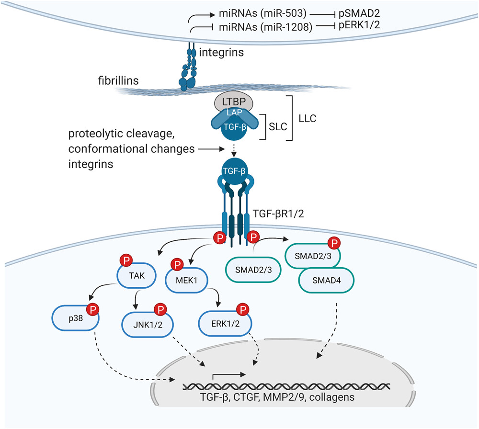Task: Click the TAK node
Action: pyautogui.click(x=137, y=275)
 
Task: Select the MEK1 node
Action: pyautogui.click(x=186, y=280)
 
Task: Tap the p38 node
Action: pyautogui.click(x=76, y=318)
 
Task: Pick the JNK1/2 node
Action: pyautogui.click(x=148, y=324)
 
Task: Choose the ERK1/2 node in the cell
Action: pyautogui.click(x=225, y=323)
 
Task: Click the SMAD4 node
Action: pyautogui.click(x=326, y=280)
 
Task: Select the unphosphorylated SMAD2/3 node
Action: pyautogui.click(x=253, y=270)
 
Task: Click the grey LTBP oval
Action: pyautogui.click(x=234, y=101)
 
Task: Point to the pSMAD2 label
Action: pyautogui.click(x=359, y=13)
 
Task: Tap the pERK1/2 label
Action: pyautogui.click(x=359, y=25)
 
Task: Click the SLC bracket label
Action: pyautogui.click(x=278, y=126)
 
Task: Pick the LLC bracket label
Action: pyautogui.click(x=308, y=118)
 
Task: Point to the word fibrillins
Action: pyautogui.click(x=118, y=80)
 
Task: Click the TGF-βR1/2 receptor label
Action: pyautogui.click(x=278, y=214)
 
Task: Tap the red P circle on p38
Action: pyautogui.click(x=93, y=309)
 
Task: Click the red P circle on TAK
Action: pyautogui.click(x=126, y=260)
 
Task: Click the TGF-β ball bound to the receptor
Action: pyautogui.click(x=234, y=171)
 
